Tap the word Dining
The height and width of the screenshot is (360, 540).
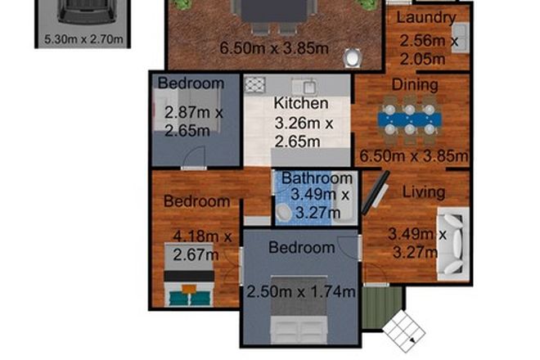[x=415, y=84]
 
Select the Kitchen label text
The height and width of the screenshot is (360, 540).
[x=300, y=104]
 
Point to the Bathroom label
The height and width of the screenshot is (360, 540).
[x=317, y=178]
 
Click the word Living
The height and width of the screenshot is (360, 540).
[x=424, y=192]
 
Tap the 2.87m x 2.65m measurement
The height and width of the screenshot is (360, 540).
[x=193, y=121]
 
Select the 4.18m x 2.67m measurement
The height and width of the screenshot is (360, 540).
[x=201, y=245]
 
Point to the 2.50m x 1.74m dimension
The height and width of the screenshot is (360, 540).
[x=302, y=291]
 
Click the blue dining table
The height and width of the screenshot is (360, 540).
[x=410, y=119]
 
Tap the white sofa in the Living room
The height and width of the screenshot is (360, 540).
[x=452, y=242]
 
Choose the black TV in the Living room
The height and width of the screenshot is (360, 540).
[x=376, y=193]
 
